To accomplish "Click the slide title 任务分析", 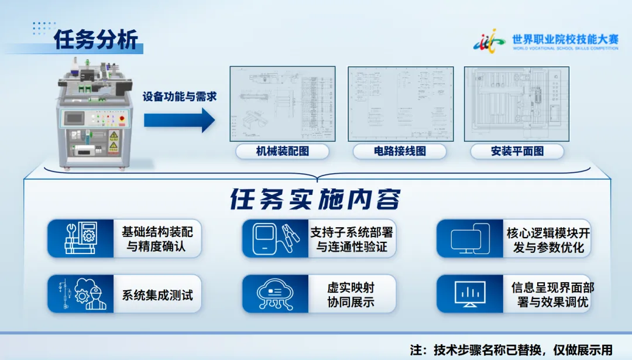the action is (x=96, y=40).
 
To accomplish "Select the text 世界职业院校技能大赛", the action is (x=565, y=39).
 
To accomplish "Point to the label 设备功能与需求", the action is (x=180, y=96).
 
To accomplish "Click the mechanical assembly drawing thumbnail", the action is (x=282, y=104).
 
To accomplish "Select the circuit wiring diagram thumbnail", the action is (x=400, y=104).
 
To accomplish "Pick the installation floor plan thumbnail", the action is (x=517, y=104).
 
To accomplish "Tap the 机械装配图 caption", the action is (x=282, y=152).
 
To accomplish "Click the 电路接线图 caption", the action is (x=400, y=152).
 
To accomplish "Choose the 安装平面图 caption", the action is (x=517, y=152).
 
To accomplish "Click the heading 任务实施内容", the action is (x=315, y=200).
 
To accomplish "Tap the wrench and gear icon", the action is (x=81, y=238).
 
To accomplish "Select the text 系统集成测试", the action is (x=157, y=294).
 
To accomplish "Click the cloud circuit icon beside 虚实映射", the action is (x=275, y=294).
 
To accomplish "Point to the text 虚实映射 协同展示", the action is (x=351, y=294).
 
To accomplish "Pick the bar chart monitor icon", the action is (x=470, y=294).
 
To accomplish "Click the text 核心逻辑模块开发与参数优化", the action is (x=548, y=239).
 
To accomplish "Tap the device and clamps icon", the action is (x=275, y=238).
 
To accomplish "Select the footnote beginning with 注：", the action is (x=510, y=349).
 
